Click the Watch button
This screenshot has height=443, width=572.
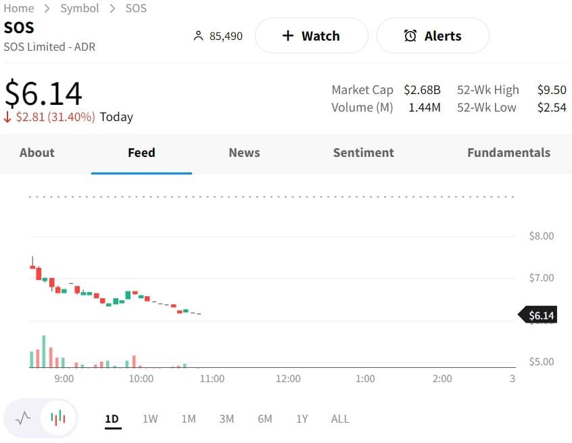coord(311,36)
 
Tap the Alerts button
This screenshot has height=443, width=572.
coord(433,36)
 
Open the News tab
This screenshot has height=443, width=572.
coord(244,153)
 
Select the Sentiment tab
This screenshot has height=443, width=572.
coord(363,153)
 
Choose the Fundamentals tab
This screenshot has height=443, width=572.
coord(508,153)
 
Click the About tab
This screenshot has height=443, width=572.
coord(37,153)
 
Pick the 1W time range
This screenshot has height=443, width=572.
coord(150,419)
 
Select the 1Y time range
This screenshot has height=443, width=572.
coord(302,419)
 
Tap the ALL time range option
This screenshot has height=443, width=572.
coord(340,419)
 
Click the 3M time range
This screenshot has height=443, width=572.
coord(227,419)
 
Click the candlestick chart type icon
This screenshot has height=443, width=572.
coord(58,418)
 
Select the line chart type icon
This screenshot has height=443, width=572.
coord(23,418)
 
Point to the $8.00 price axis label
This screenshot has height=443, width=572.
coord(541,236)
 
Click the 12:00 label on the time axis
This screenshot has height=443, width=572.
coord(288,379)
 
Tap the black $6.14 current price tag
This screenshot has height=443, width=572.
coord(540,315)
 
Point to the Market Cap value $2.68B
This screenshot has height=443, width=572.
coord(422,90)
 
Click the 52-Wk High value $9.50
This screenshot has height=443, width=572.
coord(552,90)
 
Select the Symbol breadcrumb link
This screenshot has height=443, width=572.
coord(80,8)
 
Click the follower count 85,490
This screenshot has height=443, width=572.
coord(225,36)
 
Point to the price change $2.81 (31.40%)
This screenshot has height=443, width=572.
coord(55,117)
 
